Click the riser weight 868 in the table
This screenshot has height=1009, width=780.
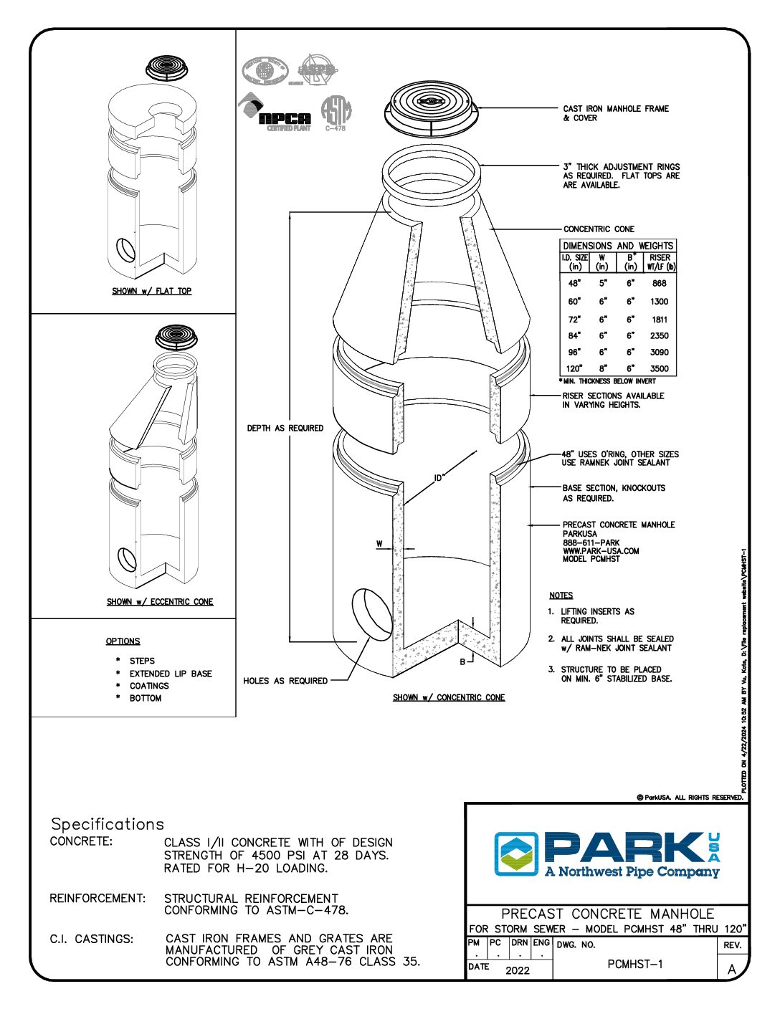(x=660, y=283)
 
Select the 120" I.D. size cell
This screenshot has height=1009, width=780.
(x=574, y=369)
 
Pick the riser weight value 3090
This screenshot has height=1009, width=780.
(x=660, y=353)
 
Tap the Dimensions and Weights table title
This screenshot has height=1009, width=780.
(x=618, y=246)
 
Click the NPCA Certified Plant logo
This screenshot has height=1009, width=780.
(x=275, y=117)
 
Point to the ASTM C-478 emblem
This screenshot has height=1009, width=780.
(x=336, y=113)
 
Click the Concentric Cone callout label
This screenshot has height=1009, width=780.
(x=599, y=229)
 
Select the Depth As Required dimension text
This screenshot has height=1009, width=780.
(x=285, y=429)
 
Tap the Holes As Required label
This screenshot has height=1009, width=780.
(x=285, y=681)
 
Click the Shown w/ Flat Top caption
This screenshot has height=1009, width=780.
(x=152, y=291)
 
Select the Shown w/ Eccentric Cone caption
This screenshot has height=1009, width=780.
(x=160, y=602)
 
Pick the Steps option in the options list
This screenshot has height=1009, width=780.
(x=142, y=661)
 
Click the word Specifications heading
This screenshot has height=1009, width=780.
(x=108, y=824)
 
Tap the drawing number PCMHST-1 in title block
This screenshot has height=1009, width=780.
(x=635, y=964)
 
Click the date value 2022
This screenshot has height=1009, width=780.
(x=518, y=970)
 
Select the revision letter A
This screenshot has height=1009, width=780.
(x=732, y=969)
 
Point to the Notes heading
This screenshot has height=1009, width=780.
(x=561, y=596)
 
